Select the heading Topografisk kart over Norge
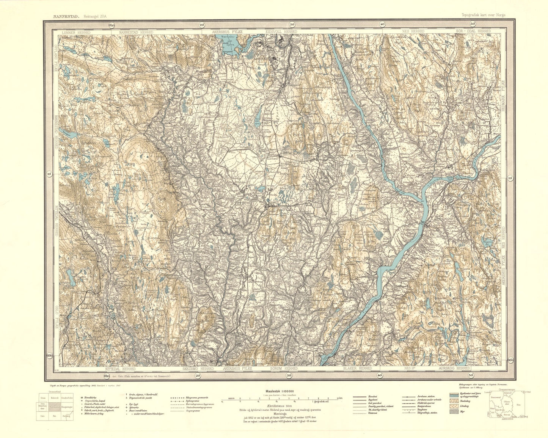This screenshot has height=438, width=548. tap(483, 15)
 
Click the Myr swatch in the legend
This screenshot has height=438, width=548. tap(453, 411)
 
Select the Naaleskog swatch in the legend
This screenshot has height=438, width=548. tap(453, 400)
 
